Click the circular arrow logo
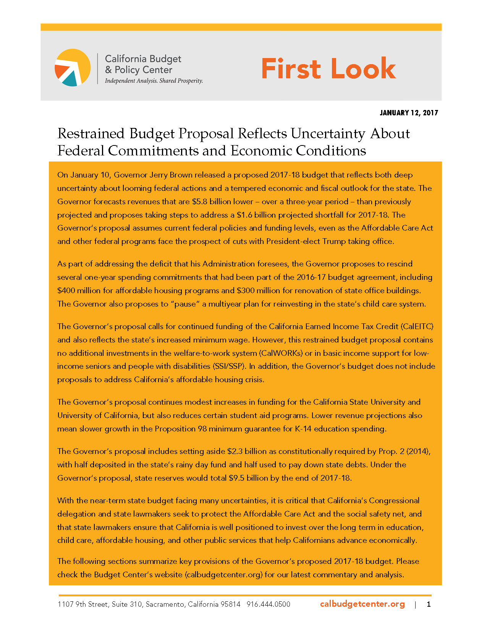click(x=73, y=68)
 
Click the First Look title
click(x=328, y=69)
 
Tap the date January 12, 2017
click(x=409, y=113)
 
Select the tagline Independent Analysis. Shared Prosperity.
click(x=154, y=81)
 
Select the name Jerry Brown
click(x=171, y=175)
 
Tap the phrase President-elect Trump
click(x=306, y=241)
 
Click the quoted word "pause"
click(x=185, y=304)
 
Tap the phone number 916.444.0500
click(x=269, y=604)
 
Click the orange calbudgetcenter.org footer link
click(x=362, y=604)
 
